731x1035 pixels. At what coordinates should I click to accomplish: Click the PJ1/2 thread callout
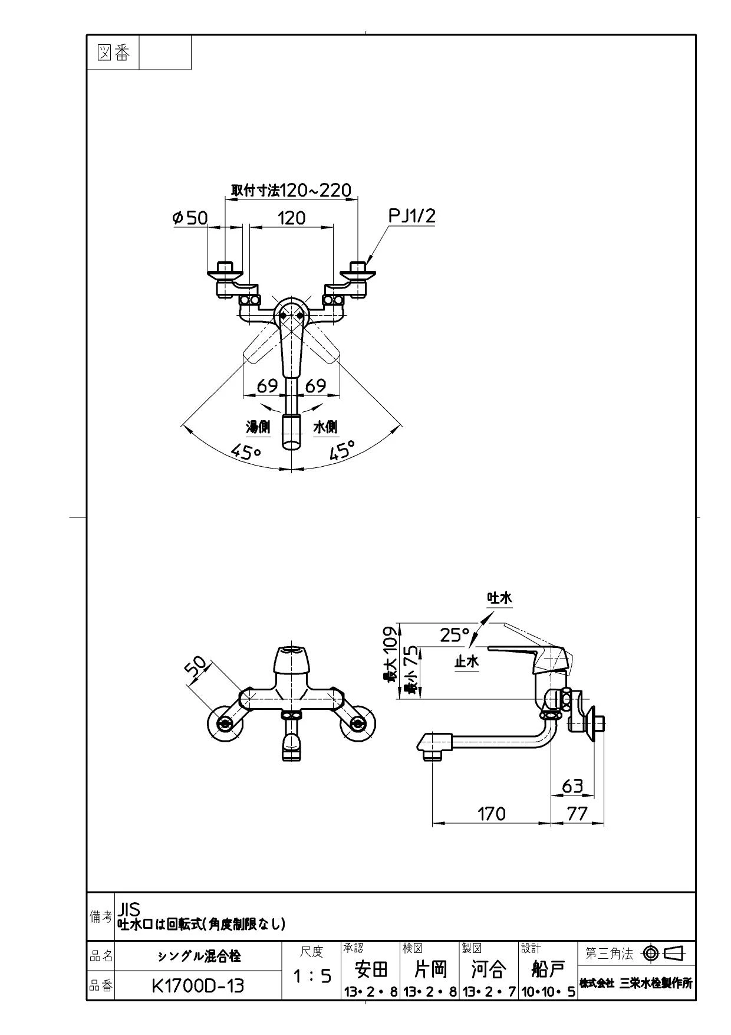412,216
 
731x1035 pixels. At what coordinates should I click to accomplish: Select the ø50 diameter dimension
190,218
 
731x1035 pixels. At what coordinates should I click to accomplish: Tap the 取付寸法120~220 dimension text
291,190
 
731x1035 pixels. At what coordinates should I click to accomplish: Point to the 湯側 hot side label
258,427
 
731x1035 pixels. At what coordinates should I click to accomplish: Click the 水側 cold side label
325,427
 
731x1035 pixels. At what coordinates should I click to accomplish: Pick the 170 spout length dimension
491,814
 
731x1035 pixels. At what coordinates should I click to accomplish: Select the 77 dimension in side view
577,814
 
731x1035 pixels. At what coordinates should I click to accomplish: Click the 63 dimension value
572,786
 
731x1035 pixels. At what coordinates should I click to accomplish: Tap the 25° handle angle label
455,635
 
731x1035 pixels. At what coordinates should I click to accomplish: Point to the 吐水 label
499,598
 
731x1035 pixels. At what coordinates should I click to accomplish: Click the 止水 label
466,661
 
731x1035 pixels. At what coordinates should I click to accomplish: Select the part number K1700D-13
197,986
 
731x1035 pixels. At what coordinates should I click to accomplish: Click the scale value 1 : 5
312,976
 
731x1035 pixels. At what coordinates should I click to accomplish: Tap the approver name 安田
371,969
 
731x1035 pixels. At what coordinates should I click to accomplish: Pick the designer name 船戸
548,969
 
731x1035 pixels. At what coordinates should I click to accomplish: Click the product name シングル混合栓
199,956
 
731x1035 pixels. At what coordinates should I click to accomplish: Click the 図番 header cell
113,53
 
